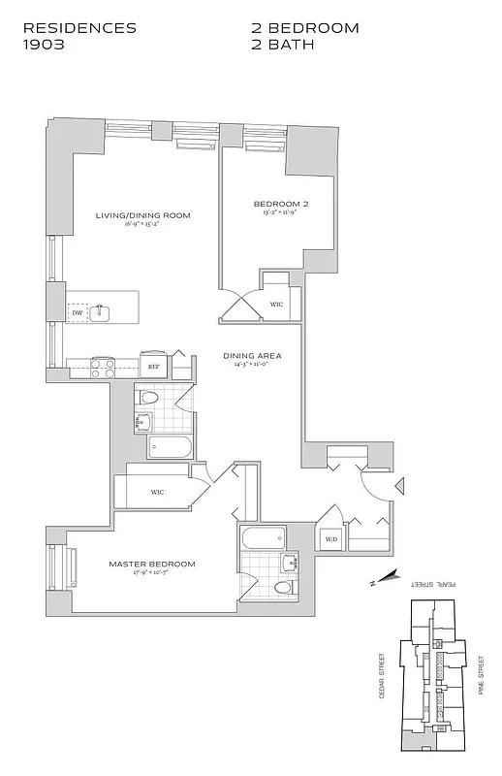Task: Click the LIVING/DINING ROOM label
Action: coord(142,215)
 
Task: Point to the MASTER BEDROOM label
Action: coord(152,564)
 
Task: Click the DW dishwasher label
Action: coord(76,312)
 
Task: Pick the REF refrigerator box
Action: coord(153,366)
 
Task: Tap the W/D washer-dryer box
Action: coord(329,539)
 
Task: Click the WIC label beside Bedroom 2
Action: coord(276,305)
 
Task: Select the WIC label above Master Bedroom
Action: coord(157,492)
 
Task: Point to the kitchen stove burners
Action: coord(103,367)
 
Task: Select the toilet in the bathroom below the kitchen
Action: coord(149,398)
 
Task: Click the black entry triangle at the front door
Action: coord(400,486)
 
